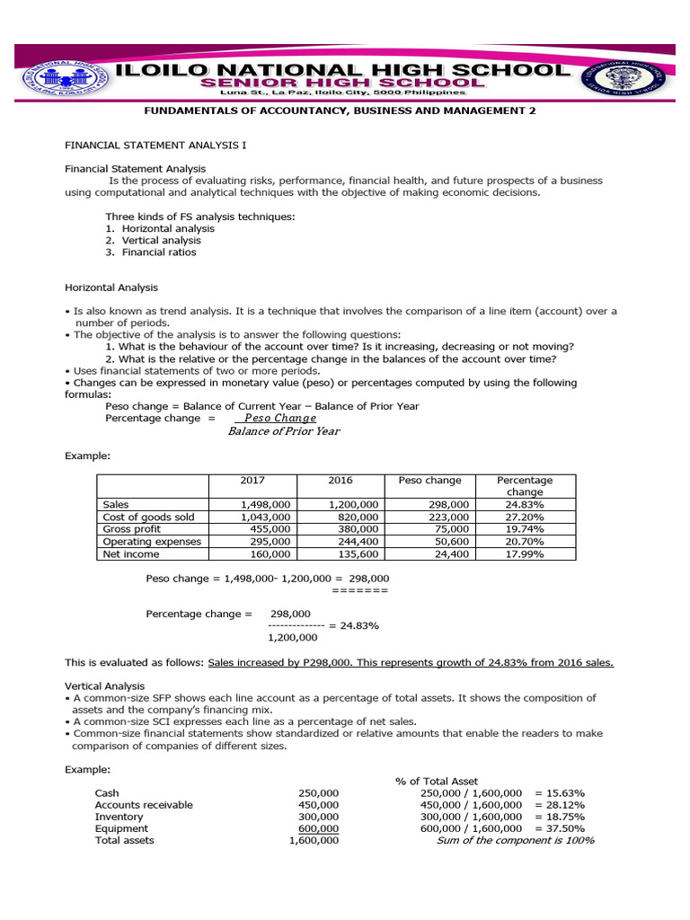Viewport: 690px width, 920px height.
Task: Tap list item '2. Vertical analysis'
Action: [153, 241]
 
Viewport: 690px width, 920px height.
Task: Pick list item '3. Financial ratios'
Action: [151, 252]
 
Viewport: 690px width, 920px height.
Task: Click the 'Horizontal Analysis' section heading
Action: [111, 287]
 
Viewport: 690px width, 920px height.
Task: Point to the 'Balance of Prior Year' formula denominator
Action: [284, 431]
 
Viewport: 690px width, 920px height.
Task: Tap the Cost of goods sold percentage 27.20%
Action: [525, 517]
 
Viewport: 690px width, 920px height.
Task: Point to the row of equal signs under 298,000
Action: [359, 591]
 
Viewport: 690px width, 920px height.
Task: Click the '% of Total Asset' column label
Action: [437, 782]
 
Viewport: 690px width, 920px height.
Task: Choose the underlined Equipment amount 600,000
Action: [319, 828]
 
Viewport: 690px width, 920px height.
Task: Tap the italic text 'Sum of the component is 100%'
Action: [515, 841]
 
